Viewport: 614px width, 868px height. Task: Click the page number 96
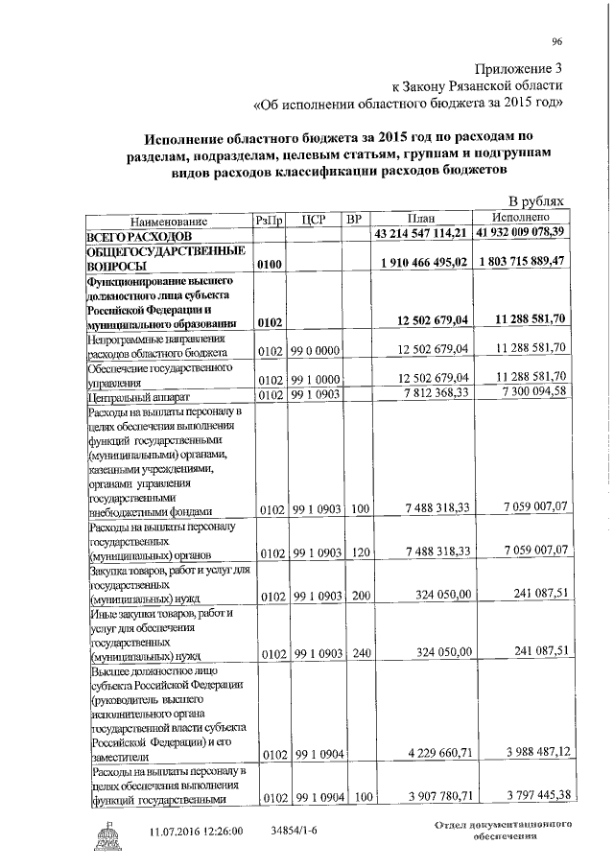click(x=557, y=39)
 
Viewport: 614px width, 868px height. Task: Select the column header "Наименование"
click(x=168, y=221)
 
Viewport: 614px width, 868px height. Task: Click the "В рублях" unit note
click(x=536, y=202)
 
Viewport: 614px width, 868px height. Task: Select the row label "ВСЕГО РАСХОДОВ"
click(x=140, y=235)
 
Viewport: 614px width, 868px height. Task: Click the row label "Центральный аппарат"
click(x=139, y=395)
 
